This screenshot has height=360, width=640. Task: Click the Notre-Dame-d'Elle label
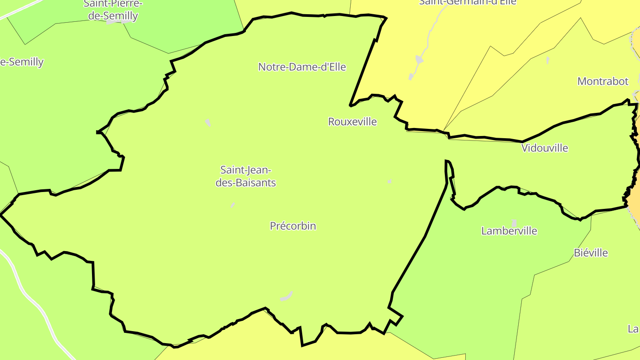[302, 67]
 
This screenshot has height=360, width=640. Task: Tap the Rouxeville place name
[352, 122]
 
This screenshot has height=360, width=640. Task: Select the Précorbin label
[293, 226]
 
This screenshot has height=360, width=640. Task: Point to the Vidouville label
[544, 148]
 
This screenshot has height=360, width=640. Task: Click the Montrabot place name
[603, 81]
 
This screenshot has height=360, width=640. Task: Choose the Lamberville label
[509, 231]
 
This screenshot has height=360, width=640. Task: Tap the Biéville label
[591, 253]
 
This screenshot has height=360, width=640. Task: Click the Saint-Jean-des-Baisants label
[246, 176]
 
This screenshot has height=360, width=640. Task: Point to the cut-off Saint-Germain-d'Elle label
[468, 2]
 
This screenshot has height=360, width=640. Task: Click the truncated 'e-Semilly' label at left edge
[21, 62]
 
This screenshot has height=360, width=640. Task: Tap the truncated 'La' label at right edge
[633, 329]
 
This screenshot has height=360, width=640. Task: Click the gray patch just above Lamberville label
[514, 223]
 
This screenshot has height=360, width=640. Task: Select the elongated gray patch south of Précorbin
[287, 296]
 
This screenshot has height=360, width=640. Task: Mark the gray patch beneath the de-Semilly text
[112, 22]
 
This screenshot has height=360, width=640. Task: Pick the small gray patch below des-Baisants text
[232, 205]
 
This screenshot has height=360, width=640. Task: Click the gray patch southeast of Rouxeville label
[389, 181]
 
